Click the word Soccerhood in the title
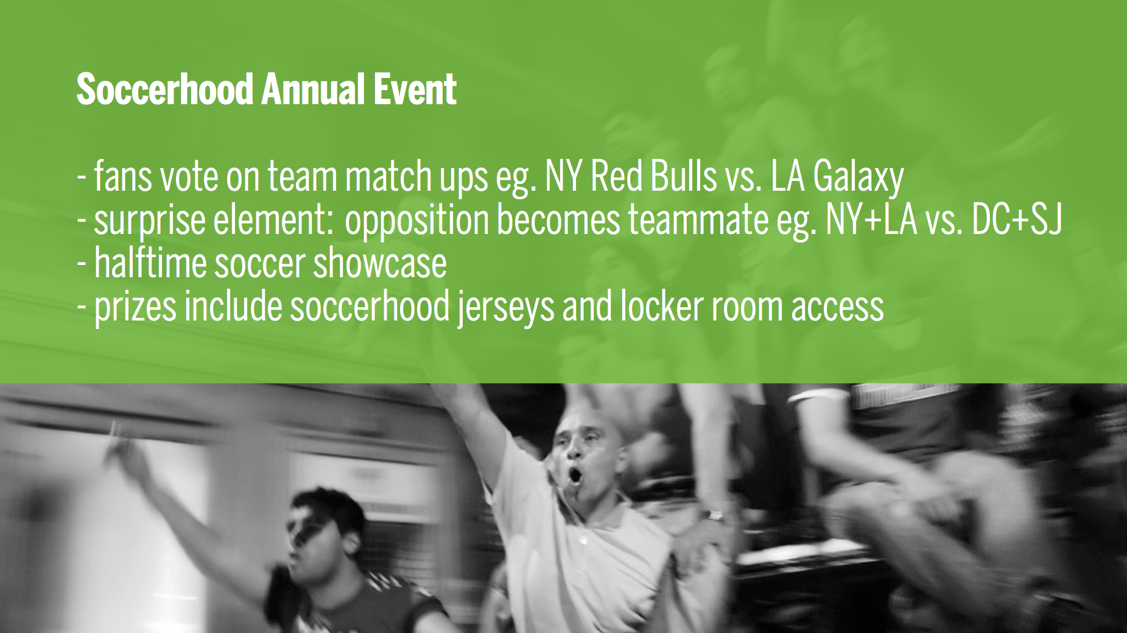[x=164, y=90]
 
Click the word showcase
[x=380, y=264]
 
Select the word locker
[x=660, y=306]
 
